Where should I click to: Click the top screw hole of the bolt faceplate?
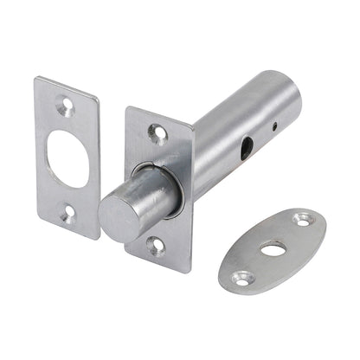click(x=157, y=132)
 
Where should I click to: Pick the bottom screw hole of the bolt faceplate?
click(x=156, y=246)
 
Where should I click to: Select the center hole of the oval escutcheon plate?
click(x=273, y=249)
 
